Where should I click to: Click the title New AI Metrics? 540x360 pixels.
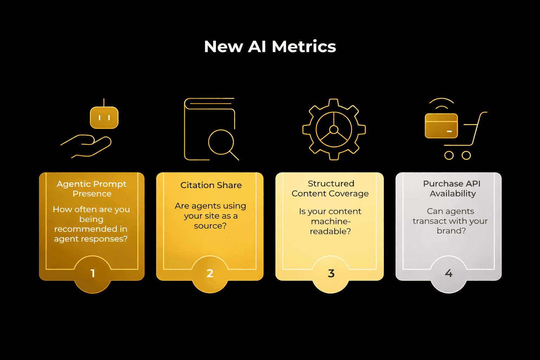[x=270, y=46]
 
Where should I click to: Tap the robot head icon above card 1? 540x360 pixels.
[x=104, y=117]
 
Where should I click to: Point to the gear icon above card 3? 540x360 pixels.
[x=334, y=129]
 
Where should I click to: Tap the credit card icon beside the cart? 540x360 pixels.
[x=441, y=126]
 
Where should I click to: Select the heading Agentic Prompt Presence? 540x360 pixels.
[x=91, y=189]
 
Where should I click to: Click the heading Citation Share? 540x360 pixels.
[x=211, y=185]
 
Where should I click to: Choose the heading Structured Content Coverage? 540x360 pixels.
[x=330, y=188]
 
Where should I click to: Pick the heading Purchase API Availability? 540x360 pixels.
[x=452, y=188]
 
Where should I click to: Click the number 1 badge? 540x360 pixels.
[x=93, y=274]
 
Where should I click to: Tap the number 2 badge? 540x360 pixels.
[x=210, y=274]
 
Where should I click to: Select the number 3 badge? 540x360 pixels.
[x=331, y=274]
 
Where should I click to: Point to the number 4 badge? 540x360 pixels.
[x=449, y=273]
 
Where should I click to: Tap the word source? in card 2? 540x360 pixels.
[x=210, y=226]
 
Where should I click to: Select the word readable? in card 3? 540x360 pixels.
[x=330, y=231]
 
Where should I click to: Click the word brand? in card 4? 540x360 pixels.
[x=451, y=231]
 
